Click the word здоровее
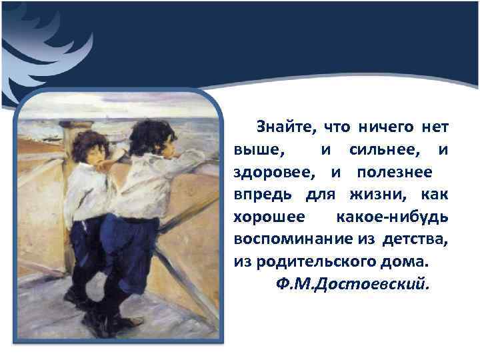(274, 172)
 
